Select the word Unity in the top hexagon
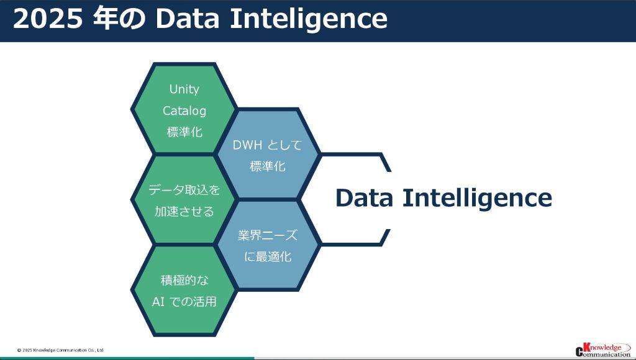tap(184, 89)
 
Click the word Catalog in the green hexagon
tap(184, 110)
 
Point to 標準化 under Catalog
tap(184, 132)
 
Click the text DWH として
tap(267, 145)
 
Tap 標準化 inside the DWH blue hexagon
tap(267, 166)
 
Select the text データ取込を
tap(184, 190)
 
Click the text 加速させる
tap(184, 212)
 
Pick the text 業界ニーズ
tap(268, 235)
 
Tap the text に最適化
tap(268, 256)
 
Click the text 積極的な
tap(184, 281)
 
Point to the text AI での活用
tap(184, 302)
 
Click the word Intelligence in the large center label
tap(476, 198)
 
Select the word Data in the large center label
tap(365, 198)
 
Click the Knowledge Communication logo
tap(602, 349)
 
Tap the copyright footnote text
tap(61, 350)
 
